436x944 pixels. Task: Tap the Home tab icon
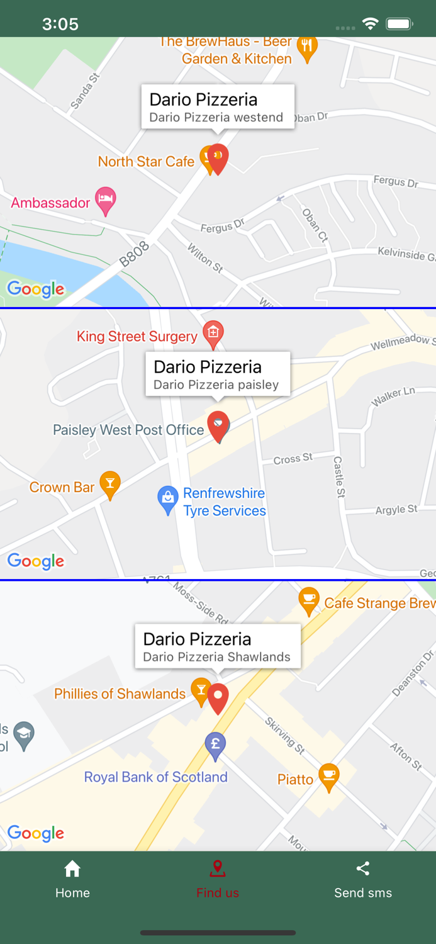(x=72, y=869)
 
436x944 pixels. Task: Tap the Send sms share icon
(x=363, y=869)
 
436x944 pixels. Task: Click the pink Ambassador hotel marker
(x=106, y=199)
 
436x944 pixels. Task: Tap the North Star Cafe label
(x=146, y=162)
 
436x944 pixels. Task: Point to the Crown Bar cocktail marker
(x=110, y=483)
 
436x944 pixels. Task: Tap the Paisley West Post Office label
(x=128, y=430)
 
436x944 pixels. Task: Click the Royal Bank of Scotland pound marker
(x=215, y=744)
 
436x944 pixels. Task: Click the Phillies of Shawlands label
(x=120, y=694)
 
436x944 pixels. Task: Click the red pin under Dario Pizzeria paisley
(x=218, y=425)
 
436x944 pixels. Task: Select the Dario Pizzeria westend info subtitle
(x=216, y=118)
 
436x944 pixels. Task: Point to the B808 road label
(x=135, y=254)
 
